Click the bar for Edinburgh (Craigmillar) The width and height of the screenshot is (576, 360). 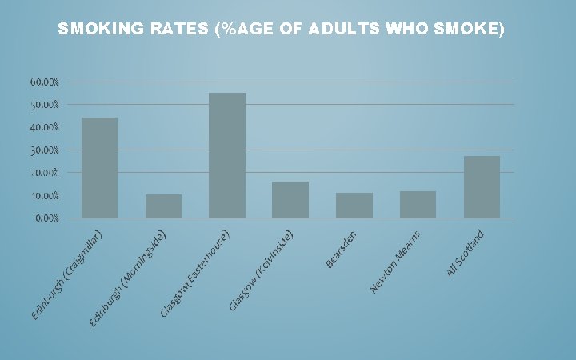click(x=99, y=167)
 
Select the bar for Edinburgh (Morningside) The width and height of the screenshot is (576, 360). click(x=163, y=206)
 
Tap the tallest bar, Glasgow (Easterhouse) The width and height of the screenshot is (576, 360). click(x=226, y=155)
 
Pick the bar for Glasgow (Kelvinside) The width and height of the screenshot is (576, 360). click(x=290, y=199)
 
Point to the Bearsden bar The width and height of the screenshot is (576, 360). click(x=354, y=205)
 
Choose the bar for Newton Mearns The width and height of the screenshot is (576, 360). click(x=418, y=204)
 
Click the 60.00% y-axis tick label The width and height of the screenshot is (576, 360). click(x=45, y=82)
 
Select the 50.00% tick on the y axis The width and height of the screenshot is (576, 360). click(x=45, y=105)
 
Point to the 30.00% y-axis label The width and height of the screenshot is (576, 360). click(x=45, y=150)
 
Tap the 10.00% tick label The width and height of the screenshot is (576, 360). click(x=45, y=195)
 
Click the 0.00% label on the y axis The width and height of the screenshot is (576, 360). click(x=46, y=218)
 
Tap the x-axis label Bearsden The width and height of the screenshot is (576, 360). click(x=346, y=250)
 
